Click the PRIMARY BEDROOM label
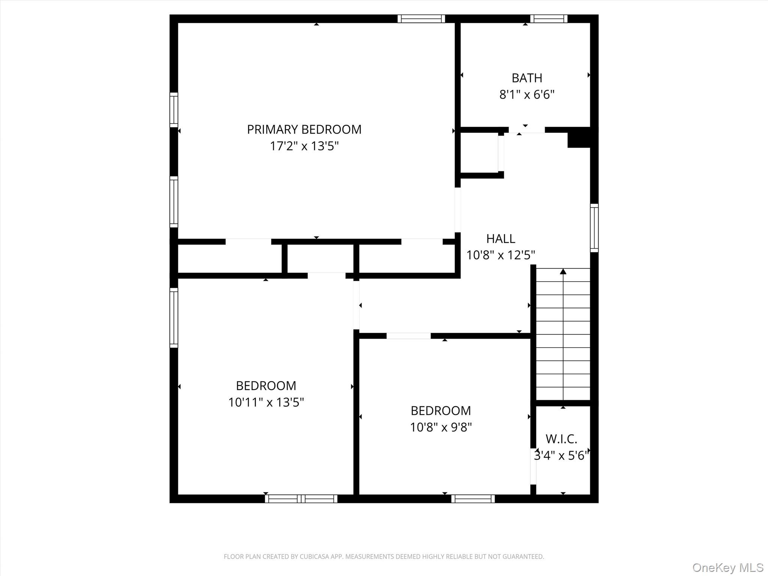coord(304,129)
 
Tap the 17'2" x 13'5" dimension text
coord(304,146)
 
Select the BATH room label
coord(527,78)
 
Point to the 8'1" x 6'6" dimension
coord(527,94)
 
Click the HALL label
coord(501,238)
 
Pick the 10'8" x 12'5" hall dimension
coord(501,255)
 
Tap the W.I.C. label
coord(561,439)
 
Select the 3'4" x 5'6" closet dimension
coord(561,456)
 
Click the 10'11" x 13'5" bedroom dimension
coord(266,402)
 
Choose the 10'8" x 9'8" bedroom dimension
coord(441,427)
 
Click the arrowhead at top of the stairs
coord(563,271)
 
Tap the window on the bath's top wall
coord(549,19)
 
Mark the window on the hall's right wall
coord(594,228)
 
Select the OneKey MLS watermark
coord(728,567)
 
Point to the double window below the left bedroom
coord(301,499)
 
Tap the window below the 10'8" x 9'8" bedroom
coord(473,499)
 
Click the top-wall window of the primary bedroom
coord(421,19)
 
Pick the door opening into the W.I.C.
coord(533,466)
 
